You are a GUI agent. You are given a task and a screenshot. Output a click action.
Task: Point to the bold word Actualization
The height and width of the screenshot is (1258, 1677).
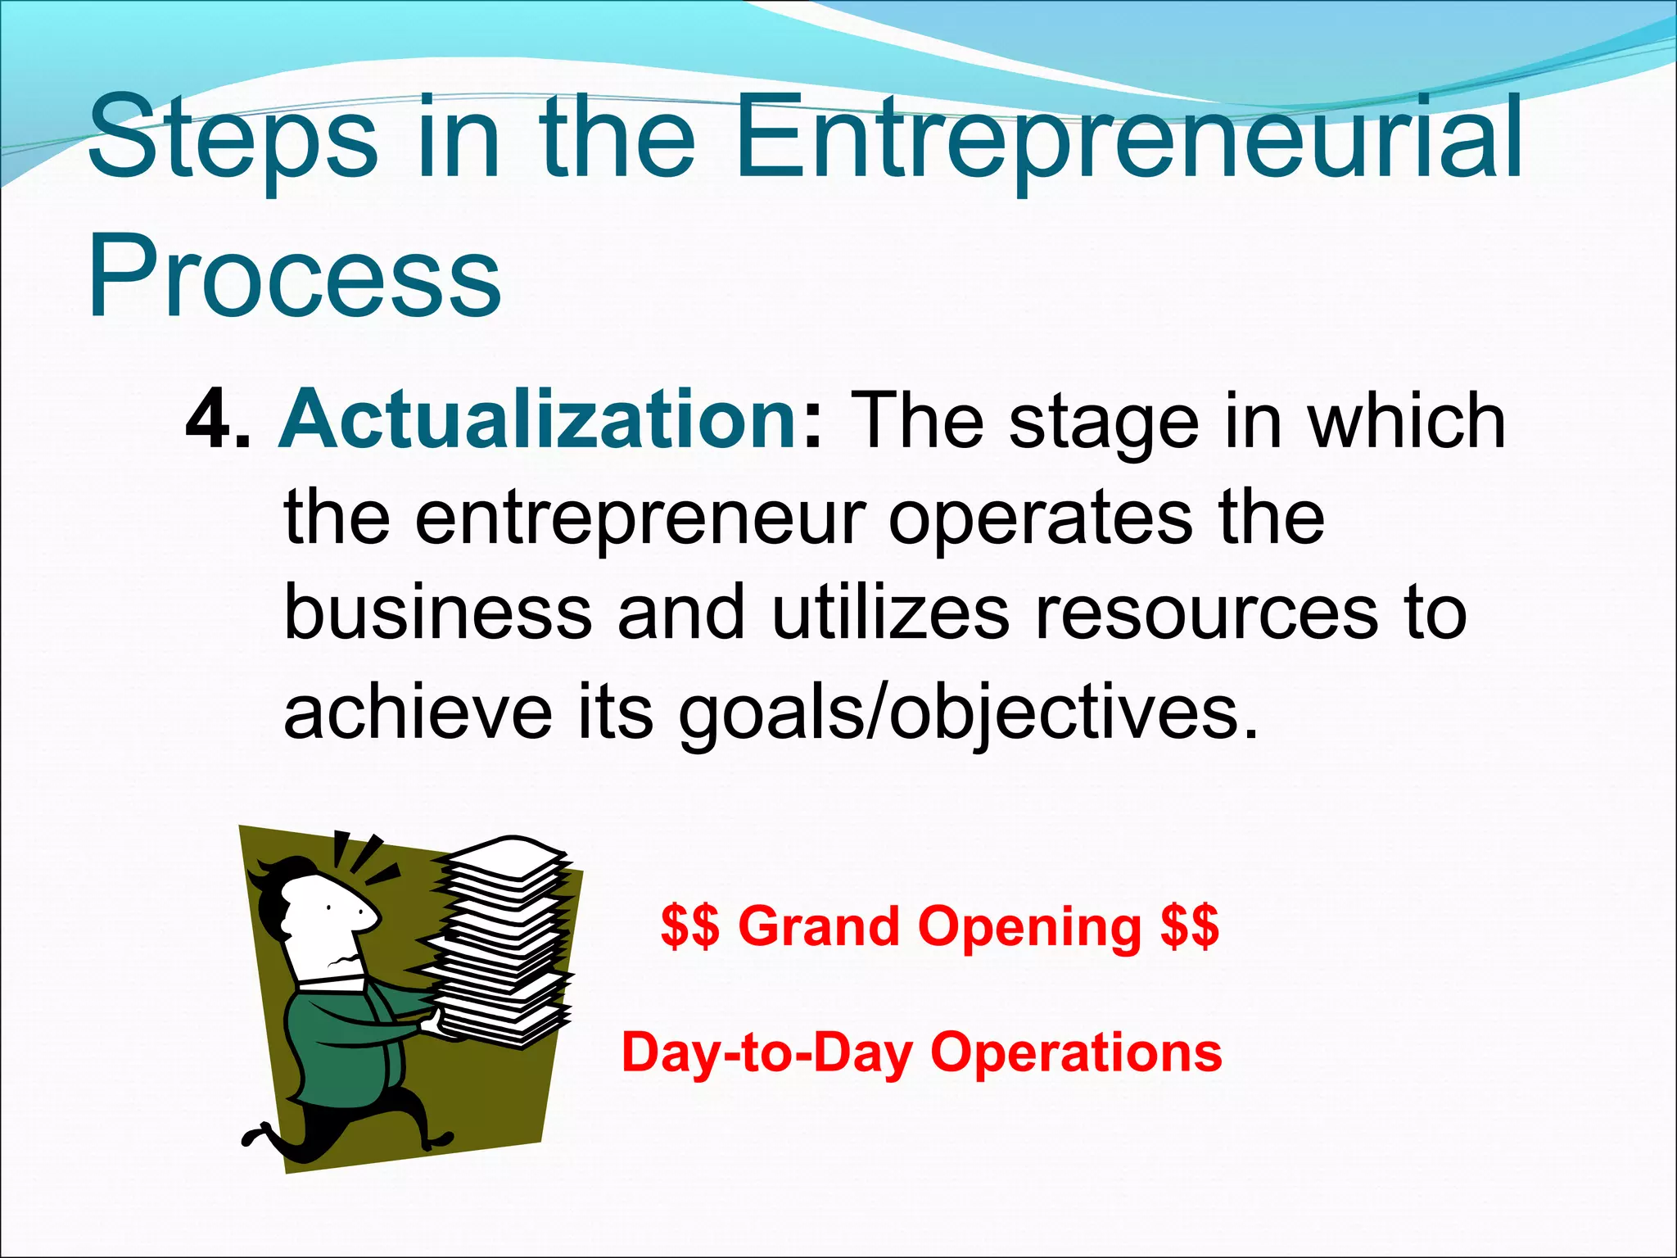pyautogui.click(x=537, y=420)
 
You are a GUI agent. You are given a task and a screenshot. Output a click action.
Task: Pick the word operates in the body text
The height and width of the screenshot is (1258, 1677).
pyautogui.click(x=1040, y=520)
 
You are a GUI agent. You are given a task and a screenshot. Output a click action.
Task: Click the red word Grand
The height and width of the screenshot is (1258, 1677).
pyautogui.click(x=818, y=927)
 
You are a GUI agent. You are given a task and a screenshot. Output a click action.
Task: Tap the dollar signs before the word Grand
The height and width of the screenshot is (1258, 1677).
pyautogui.click(x=689, y=927)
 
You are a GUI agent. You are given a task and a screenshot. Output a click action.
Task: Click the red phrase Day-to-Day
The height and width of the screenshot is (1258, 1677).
pyautogui.click(x=766, y=1053)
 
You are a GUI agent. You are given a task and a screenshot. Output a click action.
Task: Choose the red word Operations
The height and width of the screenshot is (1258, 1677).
pyautogui.click(x=1076, y=1053)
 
